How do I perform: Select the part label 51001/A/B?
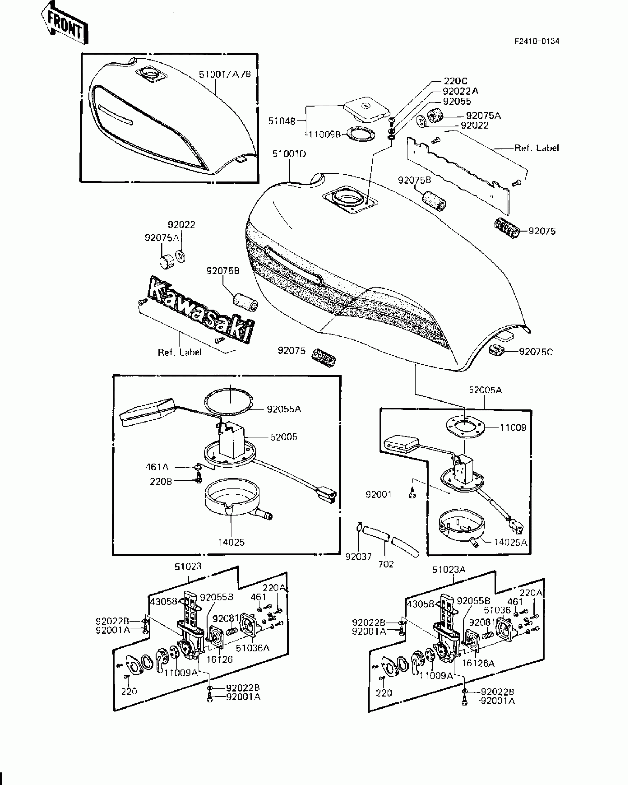[x=225, y=74]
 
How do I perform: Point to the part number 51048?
[x=281, y=121]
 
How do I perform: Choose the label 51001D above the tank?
[x=289, y=154]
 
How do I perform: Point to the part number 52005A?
[x=485, y=390]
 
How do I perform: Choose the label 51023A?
[x=448, y=570]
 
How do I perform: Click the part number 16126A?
[x=478, y=663]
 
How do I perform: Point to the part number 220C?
[x=455, y=81]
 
